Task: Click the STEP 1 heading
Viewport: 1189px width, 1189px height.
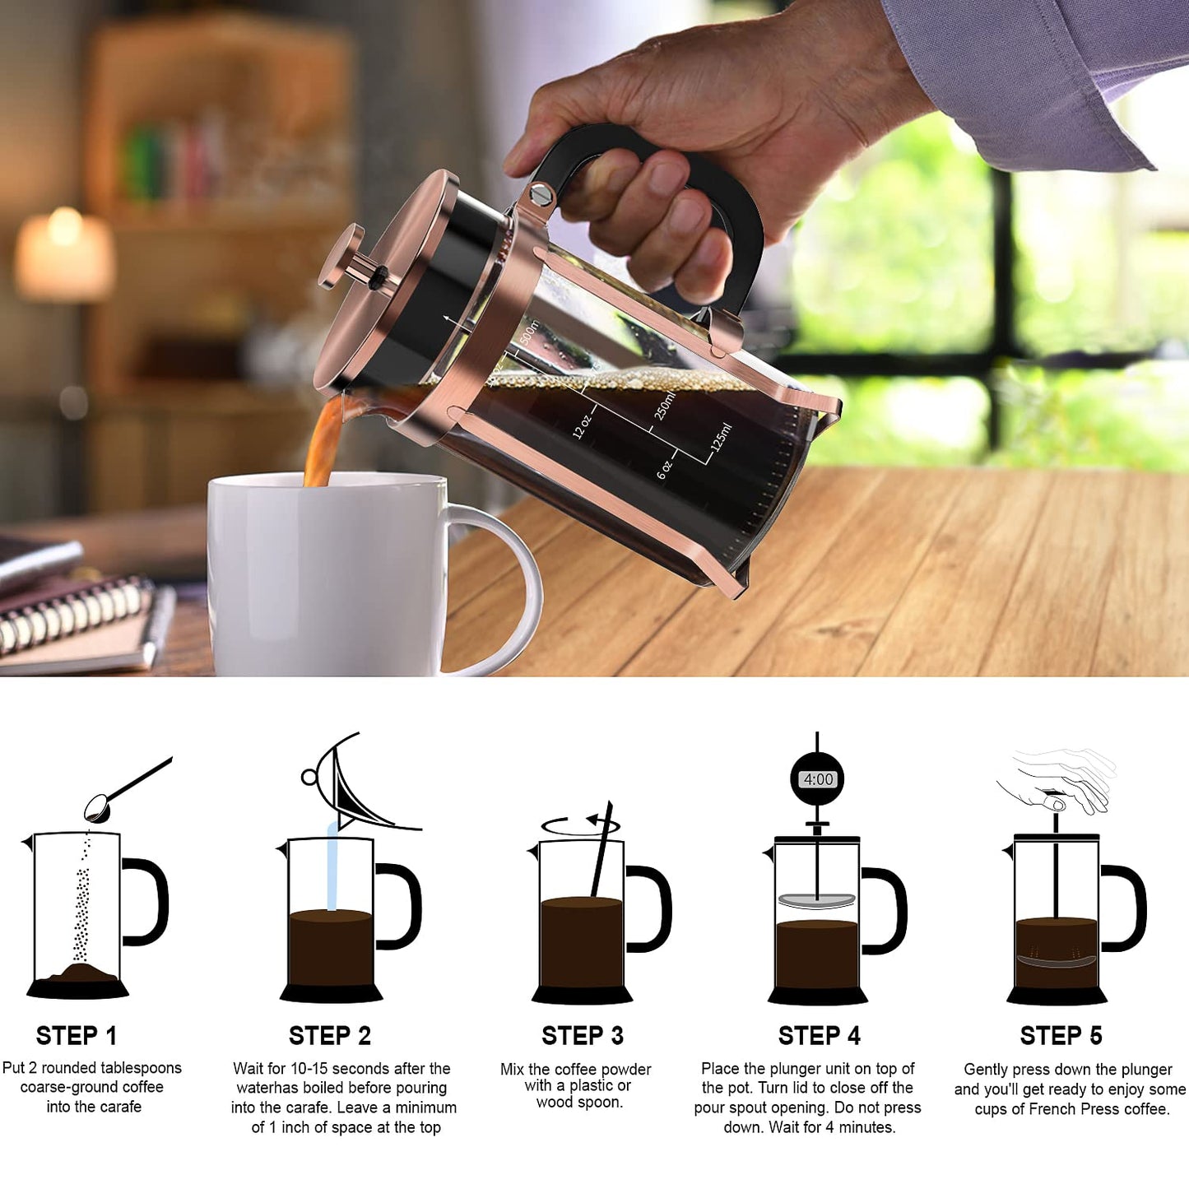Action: [x=77, y=1035]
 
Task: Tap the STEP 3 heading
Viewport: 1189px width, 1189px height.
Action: [x=582, y=1035]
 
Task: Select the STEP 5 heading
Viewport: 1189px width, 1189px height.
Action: [x=1061, y=1035]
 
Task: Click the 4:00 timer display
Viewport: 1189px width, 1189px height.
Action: [x=818, y=779]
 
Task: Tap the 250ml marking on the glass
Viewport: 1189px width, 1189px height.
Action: [x=664, y=406]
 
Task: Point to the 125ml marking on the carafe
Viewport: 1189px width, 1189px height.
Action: [x=721, y=438]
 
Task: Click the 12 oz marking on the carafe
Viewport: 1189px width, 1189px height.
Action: [x=581, y=426]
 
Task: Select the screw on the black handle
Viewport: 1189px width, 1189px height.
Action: [x=541, y=194]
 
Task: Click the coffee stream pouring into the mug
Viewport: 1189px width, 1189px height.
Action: [x=323, y=444]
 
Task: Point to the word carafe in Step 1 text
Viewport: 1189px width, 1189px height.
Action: [x=117, y=1107]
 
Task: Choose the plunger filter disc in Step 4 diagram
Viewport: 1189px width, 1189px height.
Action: [x=816, y=901]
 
